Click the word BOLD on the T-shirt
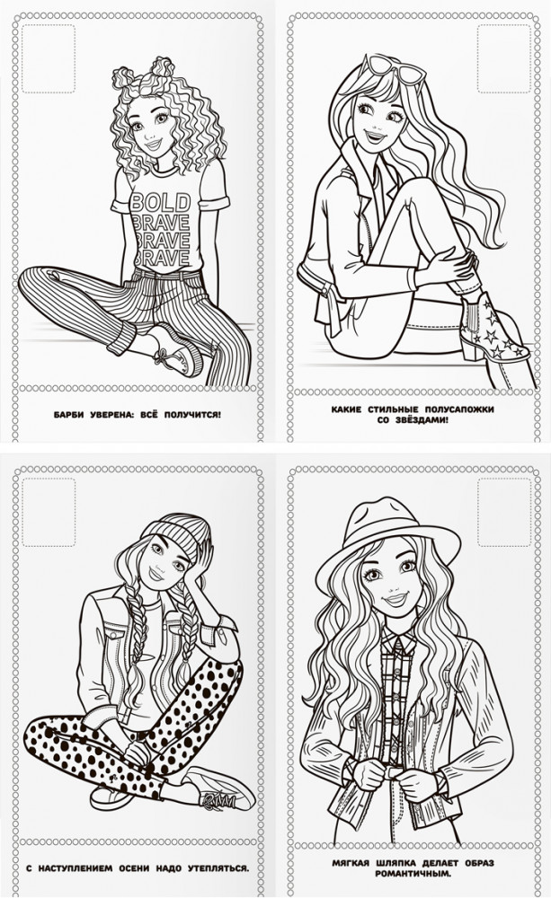[160, 203]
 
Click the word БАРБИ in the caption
[69, 414]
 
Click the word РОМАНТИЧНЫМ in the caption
[413, 874]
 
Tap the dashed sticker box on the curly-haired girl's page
[49, 58]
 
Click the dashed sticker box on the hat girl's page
[504, 513]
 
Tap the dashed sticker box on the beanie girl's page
[49, 513]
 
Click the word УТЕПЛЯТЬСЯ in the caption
[221, 868]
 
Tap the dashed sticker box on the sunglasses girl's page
[504, 58]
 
